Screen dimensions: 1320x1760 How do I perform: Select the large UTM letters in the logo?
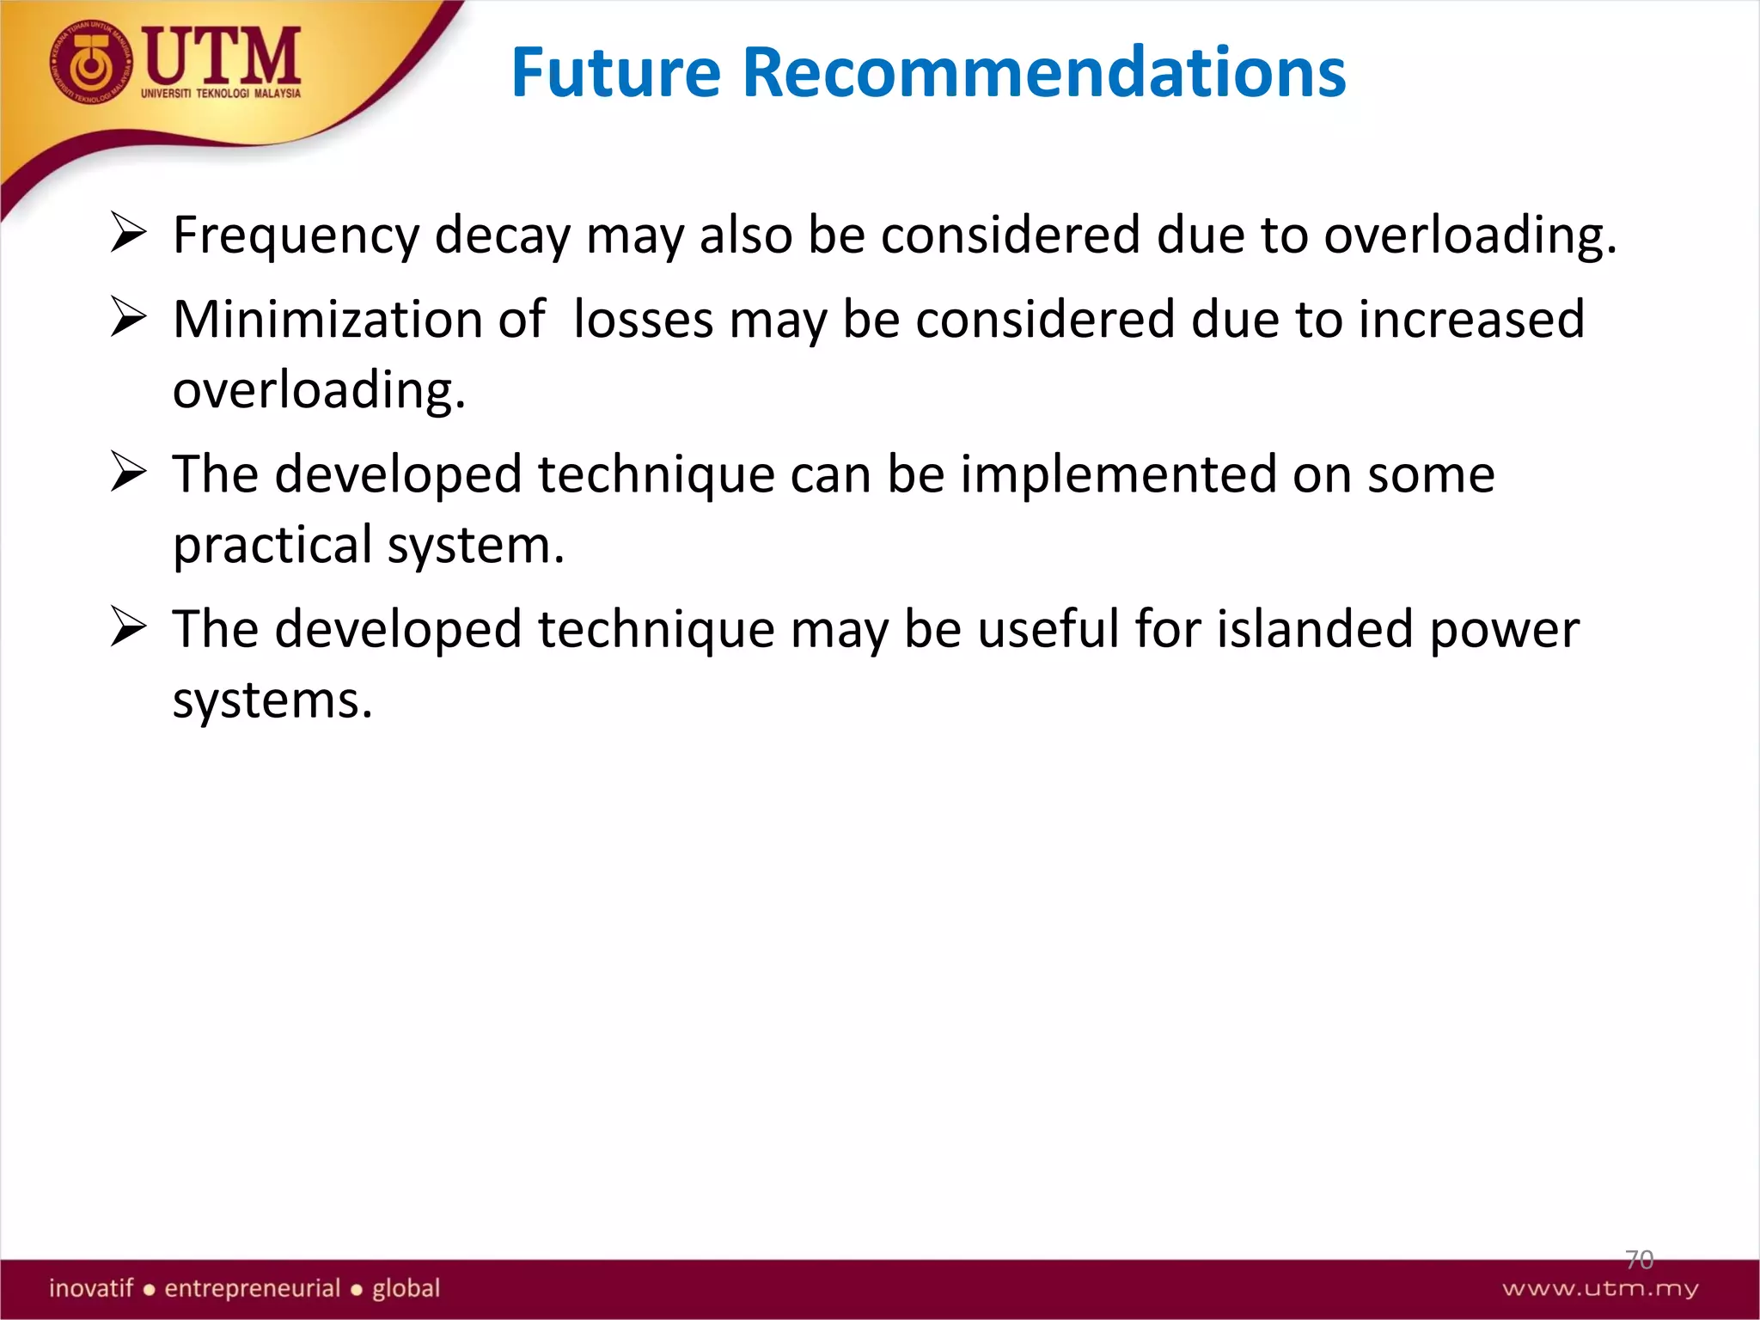[x=222, y=56]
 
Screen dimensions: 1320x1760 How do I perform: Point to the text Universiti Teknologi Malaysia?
[x=221, y=93]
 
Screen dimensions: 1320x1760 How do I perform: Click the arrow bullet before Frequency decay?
[x=129, y=234]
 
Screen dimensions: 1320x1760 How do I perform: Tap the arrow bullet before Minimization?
[x=129, y=319]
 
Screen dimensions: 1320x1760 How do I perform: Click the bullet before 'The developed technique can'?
[x=129, y=474]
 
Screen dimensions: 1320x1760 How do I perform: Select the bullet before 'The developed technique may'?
[x=129, y=628]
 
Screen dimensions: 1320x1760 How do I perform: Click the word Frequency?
[x=296, y=235]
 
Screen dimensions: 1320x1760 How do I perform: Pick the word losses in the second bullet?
[x=643, y=320]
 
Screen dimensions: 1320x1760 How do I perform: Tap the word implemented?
[x=1118, y=474]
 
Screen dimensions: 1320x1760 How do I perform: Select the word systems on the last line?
[x=272, y=700]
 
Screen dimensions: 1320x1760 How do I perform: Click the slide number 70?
[x=1639, y=1260]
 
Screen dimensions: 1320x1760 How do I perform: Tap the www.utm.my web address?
[x=1600, y=1288]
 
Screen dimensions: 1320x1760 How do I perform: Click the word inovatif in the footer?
[x=91, y=1288]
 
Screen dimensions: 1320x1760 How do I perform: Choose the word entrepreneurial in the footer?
[x=253, y=1288]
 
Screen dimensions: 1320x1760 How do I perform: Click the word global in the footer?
[x=406, y=1288]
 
